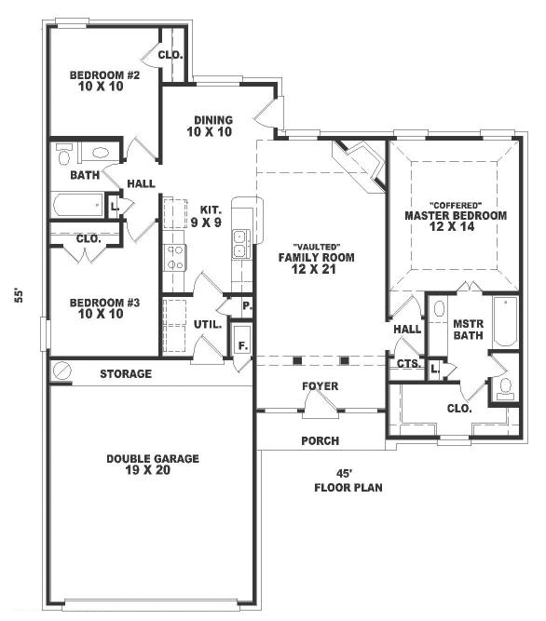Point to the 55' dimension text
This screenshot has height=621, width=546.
click(19, 295)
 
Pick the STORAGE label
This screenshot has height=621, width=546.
click(126, 374)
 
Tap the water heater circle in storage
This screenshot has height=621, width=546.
click(61, 371)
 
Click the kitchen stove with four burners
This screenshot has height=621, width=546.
click(175, 257)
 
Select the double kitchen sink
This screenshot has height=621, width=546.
click(241, 244)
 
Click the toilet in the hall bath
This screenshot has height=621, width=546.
click(64, 154)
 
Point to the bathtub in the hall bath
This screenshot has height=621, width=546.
click(77, 204)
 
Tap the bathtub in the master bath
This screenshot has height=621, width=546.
click(505, 322)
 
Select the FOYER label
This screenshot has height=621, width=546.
click(321, 385)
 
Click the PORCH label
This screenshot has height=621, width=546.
click(321, 440)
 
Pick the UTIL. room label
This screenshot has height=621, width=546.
click(208, 325)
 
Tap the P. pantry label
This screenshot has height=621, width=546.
click(247, 306)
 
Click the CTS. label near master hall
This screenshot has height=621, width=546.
click(408, 363)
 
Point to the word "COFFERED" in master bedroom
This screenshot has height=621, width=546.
click(456, 205)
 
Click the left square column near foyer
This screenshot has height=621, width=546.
click(297, 361)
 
